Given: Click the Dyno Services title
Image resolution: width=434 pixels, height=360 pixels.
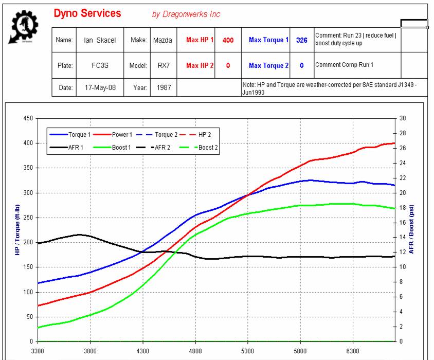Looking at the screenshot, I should click(87, 13).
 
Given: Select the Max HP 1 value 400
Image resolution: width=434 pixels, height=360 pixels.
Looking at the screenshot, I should click(228, 40).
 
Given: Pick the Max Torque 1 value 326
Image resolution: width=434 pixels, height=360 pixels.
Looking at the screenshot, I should click(301, 40).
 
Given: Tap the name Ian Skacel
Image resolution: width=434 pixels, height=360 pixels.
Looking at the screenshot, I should click(99, 40).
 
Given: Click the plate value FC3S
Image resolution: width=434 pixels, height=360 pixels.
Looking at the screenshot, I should click(99, 66).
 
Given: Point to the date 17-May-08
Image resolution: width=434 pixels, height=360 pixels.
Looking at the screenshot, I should click(100, 88).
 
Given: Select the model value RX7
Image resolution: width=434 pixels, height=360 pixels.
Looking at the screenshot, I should click(162, 66).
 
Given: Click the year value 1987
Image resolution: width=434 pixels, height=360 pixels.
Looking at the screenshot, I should click(162, 88).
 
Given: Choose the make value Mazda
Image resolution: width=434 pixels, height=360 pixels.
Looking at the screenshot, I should click(162, 40).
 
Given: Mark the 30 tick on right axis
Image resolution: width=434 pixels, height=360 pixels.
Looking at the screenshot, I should click(403, 119).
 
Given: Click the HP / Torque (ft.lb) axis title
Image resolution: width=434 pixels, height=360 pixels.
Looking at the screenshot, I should click(16, 230).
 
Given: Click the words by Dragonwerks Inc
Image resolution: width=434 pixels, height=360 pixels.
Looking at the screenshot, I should click(186, 14).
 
